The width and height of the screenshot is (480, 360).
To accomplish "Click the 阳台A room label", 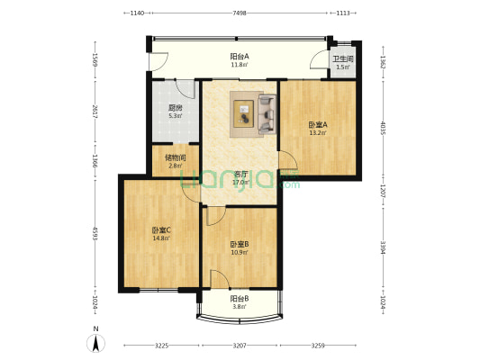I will coord(239,56).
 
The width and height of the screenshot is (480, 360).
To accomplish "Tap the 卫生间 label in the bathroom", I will coord(344,59).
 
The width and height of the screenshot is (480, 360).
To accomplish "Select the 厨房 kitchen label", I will coord(175,106).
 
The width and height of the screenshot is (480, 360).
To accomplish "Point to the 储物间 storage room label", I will coord(175,157).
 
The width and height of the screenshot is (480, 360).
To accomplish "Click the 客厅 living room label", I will coord(240,173).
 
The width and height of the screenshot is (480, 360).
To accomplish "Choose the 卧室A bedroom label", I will coord(318,124).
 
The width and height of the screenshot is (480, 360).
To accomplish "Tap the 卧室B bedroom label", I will coord(239,244).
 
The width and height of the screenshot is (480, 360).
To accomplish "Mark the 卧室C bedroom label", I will coord(161,229).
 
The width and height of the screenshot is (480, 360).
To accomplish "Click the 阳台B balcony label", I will coord(239,298).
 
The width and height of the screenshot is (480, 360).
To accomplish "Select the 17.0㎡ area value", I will coord(240,182).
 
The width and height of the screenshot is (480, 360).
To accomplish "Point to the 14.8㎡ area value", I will coord(161,238).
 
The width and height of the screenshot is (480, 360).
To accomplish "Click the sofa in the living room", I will coord(267,113).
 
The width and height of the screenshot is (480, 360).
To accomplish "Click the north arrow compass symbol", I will coord(95,341).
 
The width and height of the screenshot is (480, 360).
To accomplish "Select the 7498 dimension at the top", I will coord(240,13).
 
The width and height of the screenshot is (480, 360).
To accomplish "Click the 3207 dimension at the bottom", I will coord(240,346).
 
